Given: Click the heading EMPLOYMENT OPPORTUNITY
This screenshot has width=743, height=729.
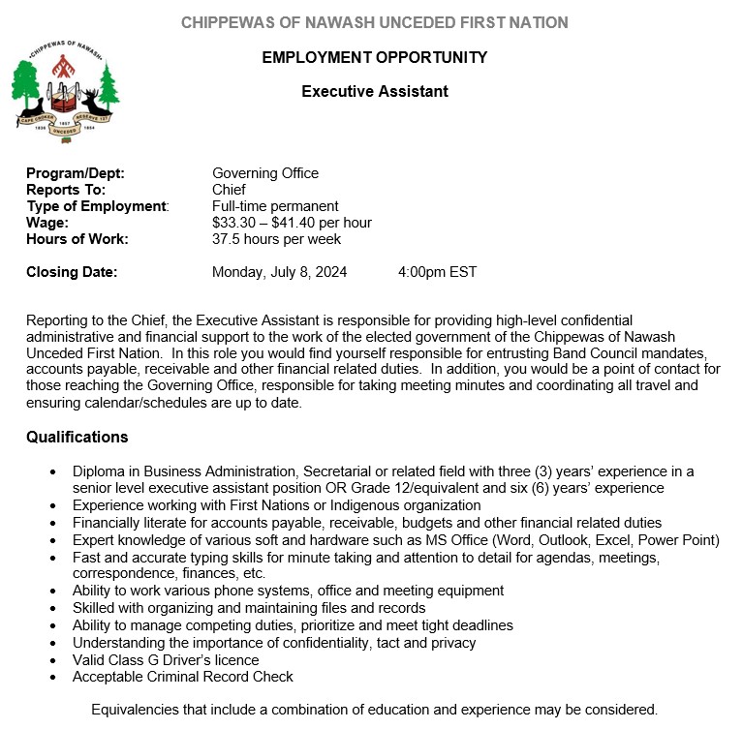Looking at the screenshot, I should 375,58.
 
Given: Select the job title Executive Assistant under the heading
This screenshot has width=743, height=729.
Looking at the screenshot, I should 375,92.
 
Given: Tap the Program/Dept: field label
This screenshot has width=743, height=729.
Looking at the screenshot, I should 76,173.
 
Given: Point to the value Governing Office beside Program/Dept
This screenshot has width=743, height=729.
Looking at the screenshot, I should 265,173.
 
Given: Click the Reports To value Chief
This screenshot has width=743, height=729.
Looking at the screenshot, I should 229,190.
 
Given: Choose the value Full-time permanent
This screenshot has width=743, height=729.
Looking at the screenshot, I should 275,206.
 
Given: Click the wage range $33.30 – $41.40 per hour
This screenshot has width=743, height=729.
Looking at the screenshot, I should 292,223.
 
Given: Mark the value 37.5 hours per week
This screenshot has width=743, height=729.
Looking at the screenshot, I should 276,239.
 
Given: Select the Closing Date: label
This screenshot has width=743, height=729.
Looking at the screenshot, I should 72,272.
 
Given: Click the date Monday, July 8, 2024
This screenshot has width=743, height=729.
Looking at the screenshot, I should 279,272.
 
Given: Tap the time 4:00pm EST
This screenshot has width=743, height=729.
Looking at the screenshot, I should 437,272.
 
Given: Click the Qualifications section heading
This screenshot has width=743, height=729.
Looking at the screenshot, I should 77,438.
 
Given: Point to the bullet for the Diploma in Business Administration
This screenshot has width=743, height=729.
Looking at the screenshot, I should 52,472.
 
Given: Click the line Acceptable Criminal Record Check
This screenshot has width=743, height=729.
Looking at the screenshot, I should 183,676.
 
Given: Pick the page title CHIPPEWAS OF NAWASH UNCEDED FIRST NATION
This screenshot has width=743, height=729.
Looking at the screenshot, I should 375,22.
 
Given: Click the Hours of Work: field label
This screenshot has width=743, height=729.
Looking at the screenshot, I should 77,239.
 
